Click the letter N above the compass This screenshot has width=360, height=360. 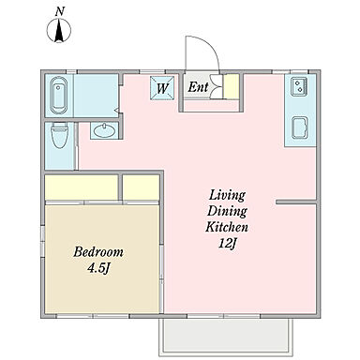(60, 11)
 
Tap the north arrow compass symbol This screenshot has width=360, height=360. (59, 31)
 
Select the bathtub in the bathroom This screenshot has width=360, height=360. (59, 95)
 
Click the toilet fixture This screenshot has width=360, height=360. (59, 135)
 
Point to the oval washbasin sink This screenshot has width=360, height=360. (104, 130)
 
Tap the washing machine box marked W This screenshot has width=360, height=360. (162, 88)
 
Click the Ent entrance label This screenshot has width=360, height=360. (198, 87)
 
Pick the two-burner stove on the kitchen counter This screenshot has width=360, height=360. (299, 86)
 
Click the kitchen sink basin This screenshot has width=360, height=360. (300, 127)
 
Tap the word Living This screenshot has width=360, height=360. (227, 196)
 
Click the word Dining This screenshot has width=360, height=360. (227, 212)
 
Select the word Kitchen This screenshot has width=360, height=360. (227, 227)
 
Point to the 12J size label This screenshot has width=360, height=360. (227, 244)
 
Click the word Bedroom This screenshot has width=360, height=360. (98, 252)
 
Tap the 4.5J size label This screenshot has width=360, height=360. (98, 268)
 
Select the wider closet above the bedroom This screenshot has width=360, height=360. (82, 187)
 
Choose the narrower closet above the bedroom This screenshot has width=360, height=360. (141, 187)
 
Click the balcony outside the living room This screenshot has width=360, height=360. (226, 336)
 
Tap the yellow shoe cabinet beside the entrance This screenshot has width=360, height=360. (232, 87)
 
